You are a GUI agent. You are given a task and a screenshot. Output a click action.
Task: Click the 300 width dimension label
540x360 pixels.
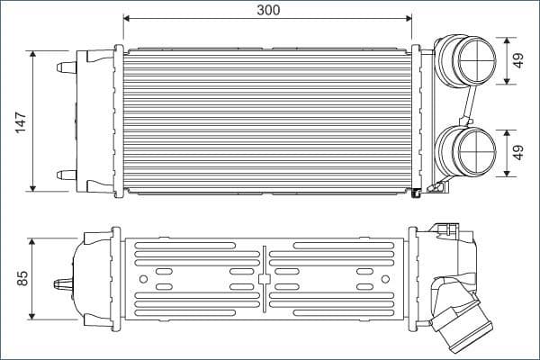[267, 10]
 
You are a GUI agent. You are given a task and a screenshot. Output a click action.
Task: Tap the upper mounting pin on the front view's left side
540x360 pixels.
[65, 67]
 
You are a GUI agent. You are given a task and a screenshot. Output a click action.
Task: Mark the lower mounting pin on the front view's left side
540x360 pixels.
[65, 175]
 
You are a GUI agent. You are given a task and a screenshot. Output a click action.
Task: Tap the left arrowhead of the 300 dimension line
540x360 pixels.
[127, 18]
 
